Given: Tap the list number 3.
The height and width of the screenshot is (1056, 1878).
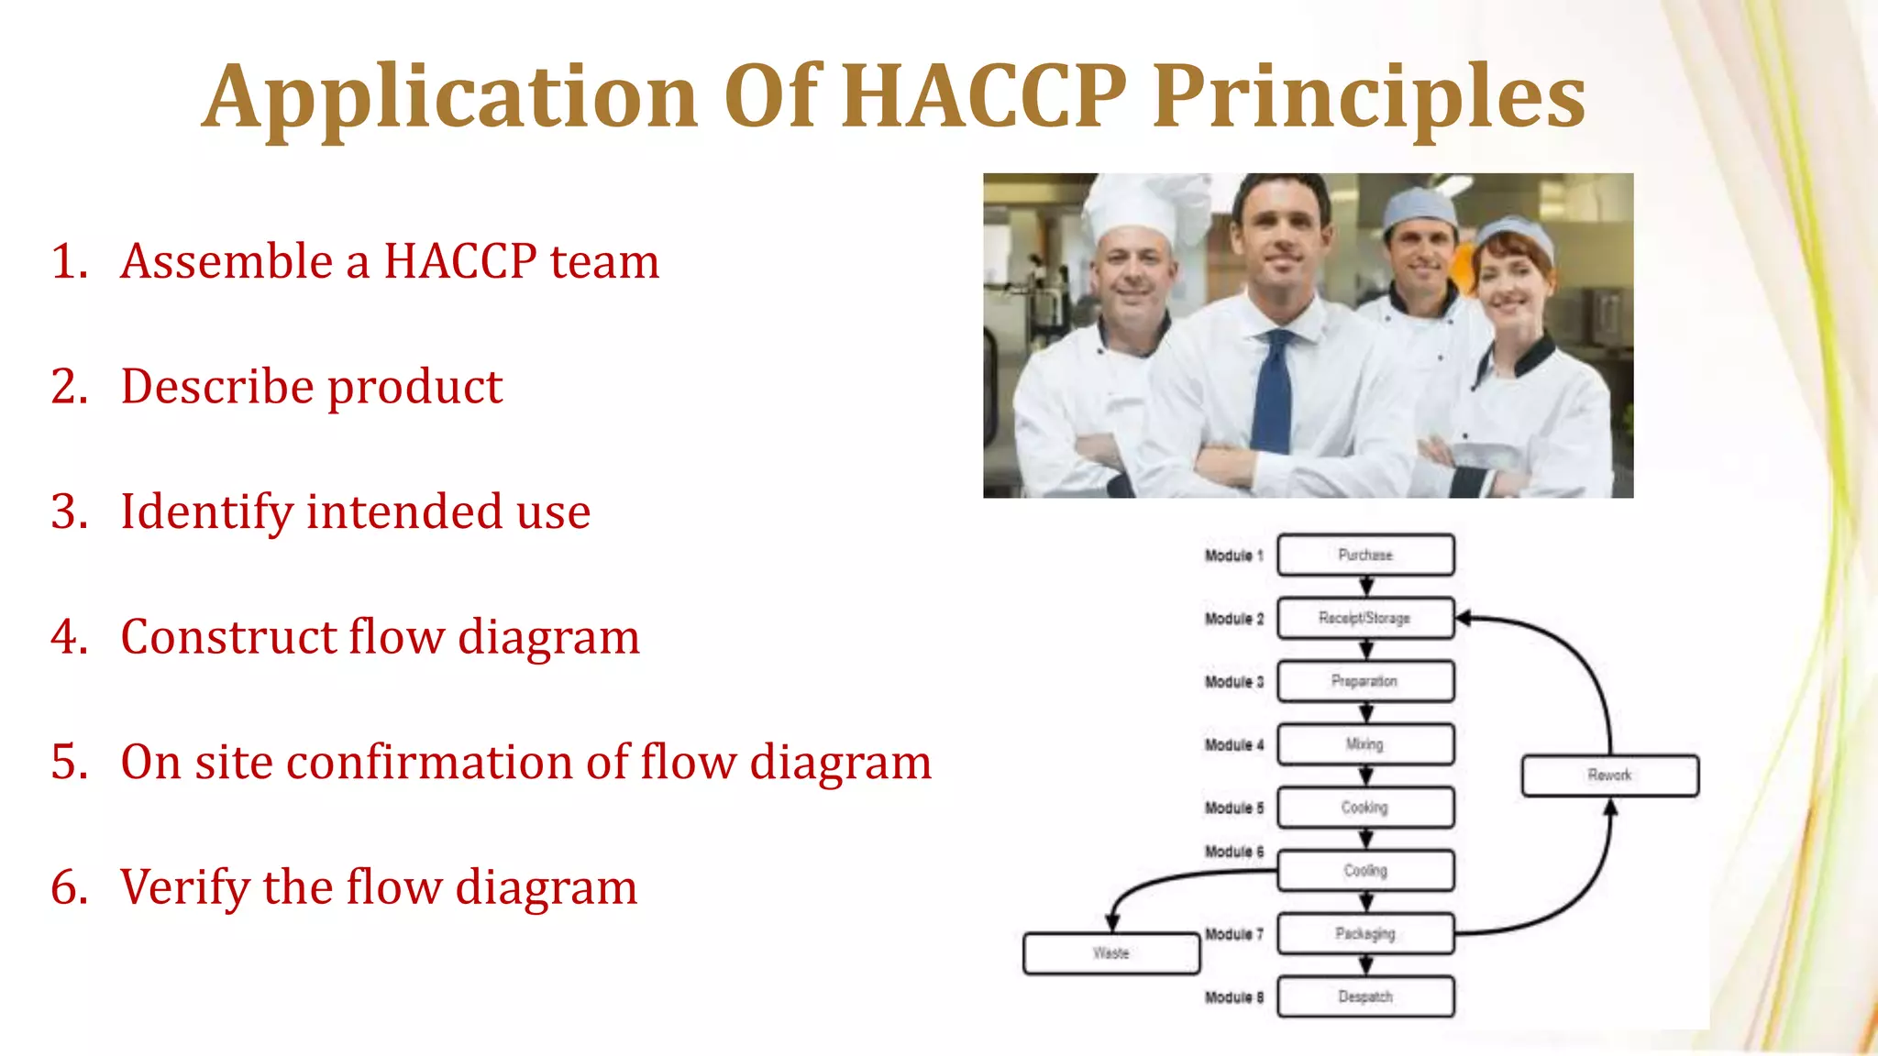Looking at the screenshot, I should (x=69, y=511).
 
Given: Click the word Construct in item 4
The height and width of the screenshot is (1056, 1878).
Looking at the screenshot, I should (x=227, y=636).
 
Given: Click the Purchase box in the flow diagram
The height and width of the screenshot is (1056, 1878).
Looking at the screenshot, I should (x=1364, y=555).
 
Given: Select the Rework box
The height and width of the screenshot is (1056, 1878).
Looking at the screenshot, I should (x=1609, y=775).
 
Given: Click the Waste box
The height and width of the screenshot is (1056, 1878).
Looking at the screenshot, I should (x=1110, y=953).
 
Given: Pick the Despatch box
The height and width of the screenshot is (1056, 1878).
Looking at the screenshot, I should (x=1364, y=996).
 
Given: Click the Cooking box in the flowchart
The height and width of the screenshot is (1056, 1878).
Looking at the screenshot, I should (x=1364, y=808).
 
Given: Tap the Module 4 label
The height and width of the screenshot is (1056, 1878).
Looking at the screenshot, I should (x=1233, y=745).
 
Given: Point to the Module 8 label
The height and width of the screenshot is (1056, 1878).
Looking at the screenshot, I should (x=1233, y=997).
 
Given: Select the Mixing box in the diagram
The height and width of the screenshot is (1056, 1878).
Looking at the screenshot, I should (x=1364, y=744).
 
